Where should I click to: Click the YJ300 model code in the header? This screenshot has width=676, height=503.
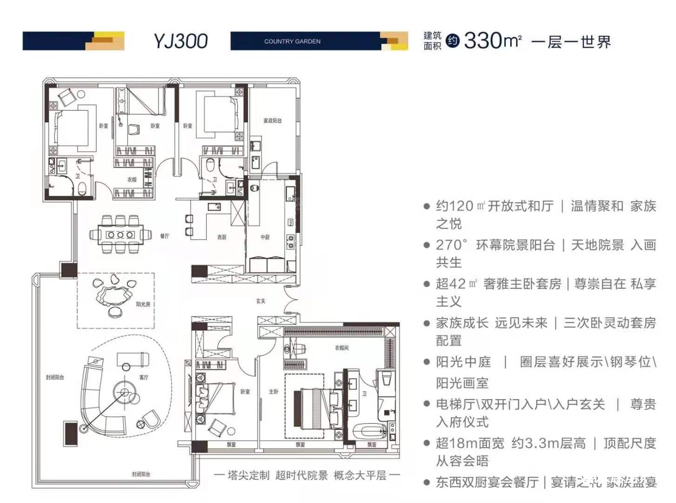point(181,41)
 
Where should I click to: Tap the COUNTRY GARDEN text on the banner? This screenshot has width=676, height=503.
point(292,41)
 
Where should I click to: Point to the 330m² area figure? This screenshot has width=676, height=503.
point(492,41)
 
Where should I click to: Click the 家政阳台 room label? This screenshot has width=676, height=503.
point(272,121)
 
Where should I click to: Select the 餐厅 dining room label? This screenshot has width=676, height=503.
point(165,236)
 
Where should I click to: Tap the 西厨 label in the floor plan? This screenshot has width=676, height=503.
point(222,237)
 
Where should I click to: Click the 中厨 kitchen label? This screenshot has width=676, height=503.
point(265,237)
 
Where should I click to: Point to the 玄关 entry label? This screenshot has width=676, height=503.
point(261,301)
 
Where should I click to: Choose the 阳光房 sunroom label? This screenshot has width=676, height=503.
point(143,304)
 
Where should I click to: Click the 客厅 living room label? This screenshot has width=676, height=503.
point(144,377)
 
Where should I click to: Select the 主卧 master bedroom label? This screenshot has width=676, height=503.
point(274,392)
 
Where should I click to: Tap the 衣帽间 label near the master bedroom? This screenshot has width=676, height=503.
point(341,348)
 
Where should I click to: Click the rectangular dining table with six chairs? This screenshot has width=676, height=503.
point(120,235)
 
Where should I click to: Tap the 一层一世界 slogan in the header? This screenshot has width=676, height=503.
point(571,42)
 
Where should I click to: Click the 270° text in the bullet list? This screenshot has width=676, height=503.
point(451,245)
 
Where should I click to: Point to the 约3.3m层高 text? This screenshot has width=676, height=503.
point(549,443)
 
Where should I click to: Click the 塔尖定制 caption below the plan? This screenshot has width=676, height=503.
point(248,475)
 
